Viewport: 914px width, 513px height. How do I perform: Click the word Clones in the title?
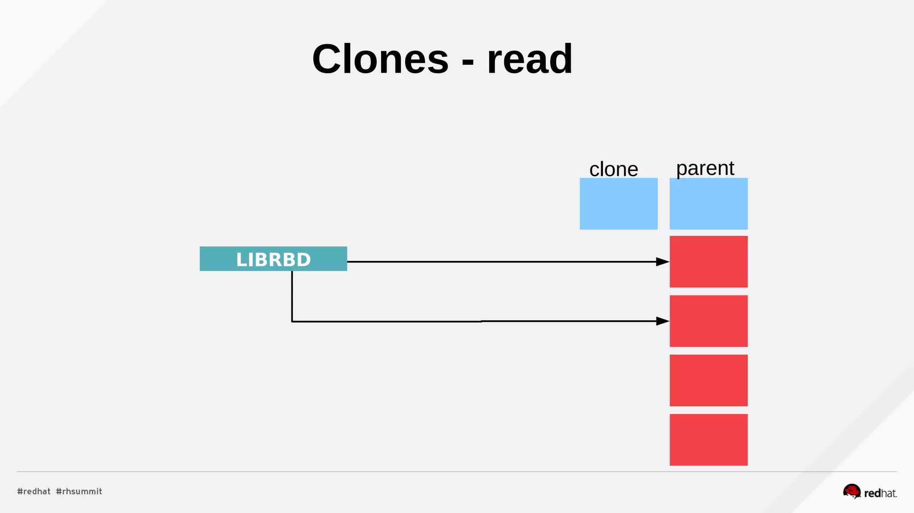pyautogui.click(x=380, y=59)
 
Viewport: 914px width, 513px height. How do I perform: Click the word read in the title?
pyautogui.click(x=530, y=59)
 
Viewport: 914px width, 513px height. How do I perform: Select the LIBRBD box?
pyautogui.click(x=273, y=259)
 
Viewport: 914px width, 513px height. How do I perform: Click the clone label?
pyautogui.click(x=614, y=170)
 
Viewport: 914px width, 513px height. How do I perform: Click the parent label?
pyautogui.click(x=705, y=169)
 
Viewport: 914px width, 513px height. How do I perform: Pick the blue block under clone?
pyautogui.click(x=619, y=204)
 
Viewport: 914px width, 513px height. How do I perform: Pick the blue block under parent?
pyautogui.click(x=708, y=204)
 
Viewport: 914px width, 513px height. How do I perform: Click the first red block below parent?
pyautogui.click(x=708, y=262)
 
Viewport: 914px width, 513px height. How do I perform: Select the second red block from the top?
pyautogui.click(x=708, y=321)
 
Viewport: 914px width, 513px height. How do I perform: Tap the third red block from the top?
pyautogui.click(x=708, y=381)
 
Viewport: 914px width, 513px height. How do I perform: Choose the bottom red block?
pyautogui.click(x=708, y=440)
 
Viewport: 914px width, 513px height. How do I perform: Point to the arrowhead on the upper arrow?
pyautogui.click(x=663, y=262)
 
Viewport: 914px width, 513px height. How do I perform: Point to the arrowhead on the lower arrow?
pyautogui.click(x=663, y=321)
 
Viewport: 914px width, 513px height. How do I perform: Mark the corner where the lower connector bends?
pyautogui.click(x=292, y=321)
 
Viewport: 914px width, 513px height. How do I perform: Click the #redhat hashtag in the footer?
pyautogui.click(x=34, y=492)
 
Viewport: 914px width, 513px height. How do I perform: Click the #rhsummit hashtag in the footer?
pyautogui.click(x=79, y=492)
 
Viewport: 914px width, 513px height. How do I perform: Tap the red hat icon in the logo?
pyautogui.click(x=852, y=491)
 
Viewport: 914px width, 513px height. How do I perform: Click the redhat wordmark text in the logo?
pyautogui.click(x=880, y=493)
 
